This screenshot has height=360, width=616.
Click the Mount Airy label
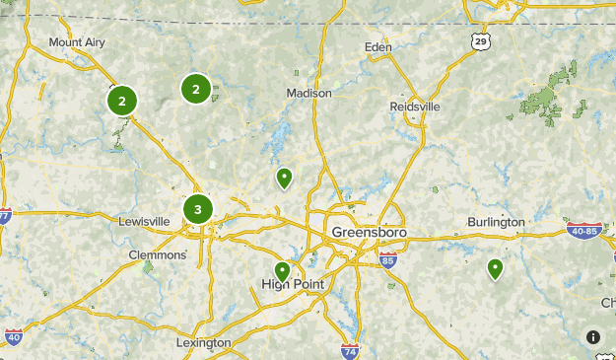tap(77, 42)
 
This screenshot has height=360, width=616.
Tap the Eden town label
tap(377, 46)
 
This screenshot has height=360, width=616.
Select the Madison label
tap(308, 93)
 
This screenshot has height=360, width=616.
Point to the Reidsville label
tap(415, 107)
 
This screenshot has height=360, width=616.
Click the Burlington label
tap(496, 222)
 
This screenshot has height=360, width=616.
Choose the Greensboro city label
tap(369, 233)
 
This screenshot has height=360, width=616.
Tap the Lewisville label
tap(144, 222)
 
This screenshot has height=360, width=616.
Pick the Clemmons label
tap(158, 254)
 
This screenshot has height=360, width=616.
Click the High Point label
tap(293, 284)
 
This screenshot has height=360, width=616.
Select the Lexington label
tap(203, 342)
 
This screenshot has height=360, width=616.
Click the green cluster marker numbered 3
tap(198, 209)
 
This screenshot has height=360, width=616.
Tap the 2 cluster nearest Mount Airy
tap(122, 100)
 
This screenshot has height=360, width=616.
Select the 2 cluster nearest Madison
tap(196, 90)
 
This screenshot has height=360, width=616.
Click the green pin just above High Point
tap(283, 270)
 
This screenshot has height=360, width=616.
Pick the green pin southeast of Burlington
tap(495, 267)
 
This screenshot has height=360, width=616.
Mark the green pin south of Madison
tap(284, 178)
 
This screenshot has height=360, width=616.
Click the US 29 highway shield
tap(480, 40)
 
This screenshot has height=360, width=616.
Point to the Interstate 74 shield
tap(349, 350)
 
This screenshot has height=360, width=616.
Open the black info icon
tap(593, 336)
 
